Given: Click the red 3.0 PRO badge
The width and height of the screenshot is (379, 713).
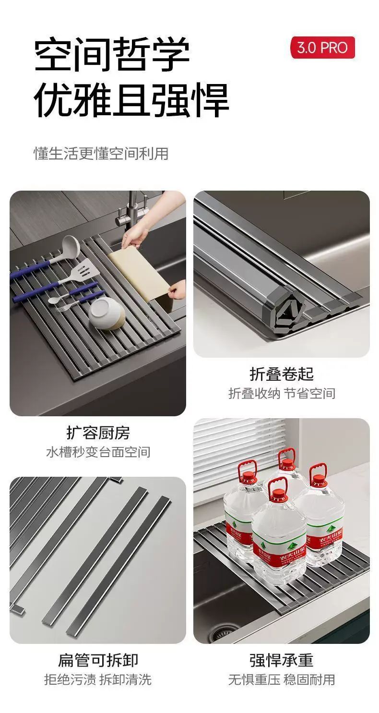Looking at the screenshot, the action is [x=322, y=48].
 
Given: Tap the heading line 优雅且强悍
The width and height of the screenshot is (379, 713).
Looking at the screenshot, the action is [x=131, y=100].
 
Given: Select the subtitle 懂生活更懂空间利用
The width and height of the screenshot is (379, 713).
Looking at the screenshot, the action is [x=101, y=154].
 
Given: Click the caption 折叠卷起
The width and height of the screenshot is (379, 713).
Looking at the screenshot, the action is [x=282, y=374].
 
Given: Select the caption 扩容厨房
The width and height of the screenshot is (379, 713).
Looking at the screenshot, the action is [x=98, y=433].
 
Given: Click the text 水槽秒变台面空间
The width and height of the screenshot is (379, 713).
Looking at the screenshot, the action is [x=98, y=452].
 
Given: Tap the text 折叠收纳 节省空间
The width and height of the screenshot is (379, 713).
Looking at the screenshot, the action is [x=282, y=393].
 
